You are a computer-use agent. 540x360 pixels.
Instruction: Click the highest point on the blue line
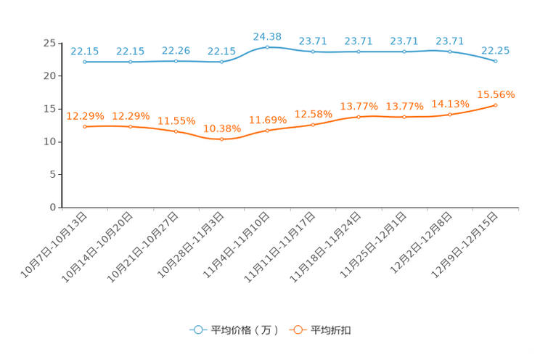coord(267,47)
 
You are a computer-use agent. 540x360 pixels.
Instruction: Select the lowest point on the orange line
coord(221,139)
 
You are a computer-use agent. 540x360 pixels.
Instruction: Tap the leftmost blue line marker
coord(85,62)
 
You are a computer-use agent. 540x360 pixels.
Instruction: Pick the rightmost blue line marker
coord(496,62)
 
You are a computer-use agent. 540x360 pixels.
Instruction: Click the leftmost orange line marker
coord(85,126)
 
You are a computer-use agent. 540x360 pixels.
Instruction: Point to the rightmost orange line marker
coord(496,105)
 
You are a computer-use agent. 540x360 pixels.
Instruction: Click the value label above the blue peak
coord(267,36)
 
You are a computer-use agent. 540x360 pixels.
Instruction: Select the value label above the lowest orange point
coord(221,128)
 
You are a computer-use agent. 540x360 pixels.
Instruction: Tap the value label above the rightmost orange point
coord(496,94)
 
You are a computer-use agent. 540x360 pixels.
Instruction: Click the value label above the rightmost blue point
coord(496,50)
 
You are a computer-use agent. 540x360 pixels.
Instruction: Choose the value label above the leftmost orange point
coord(86,115)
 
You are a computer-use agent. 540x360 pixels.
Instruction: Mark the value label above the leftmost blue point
coord(85,51)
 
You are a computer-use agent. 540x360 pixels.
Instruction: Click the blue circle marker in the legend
coord(197,330)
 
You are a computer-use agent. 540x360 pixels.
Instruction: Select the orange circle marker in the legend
coord(297,330)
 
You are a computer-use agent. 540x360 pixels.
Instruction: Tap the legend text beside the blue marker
coord(245,330)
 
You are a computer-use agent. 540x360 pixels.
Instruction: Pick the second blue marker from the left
coord(131,62)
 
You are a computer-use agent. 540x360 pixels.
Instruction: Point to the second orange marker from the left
coord(131,126)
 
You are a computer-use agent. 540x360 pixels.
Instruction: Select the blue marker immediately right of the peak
coord(313,52)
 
